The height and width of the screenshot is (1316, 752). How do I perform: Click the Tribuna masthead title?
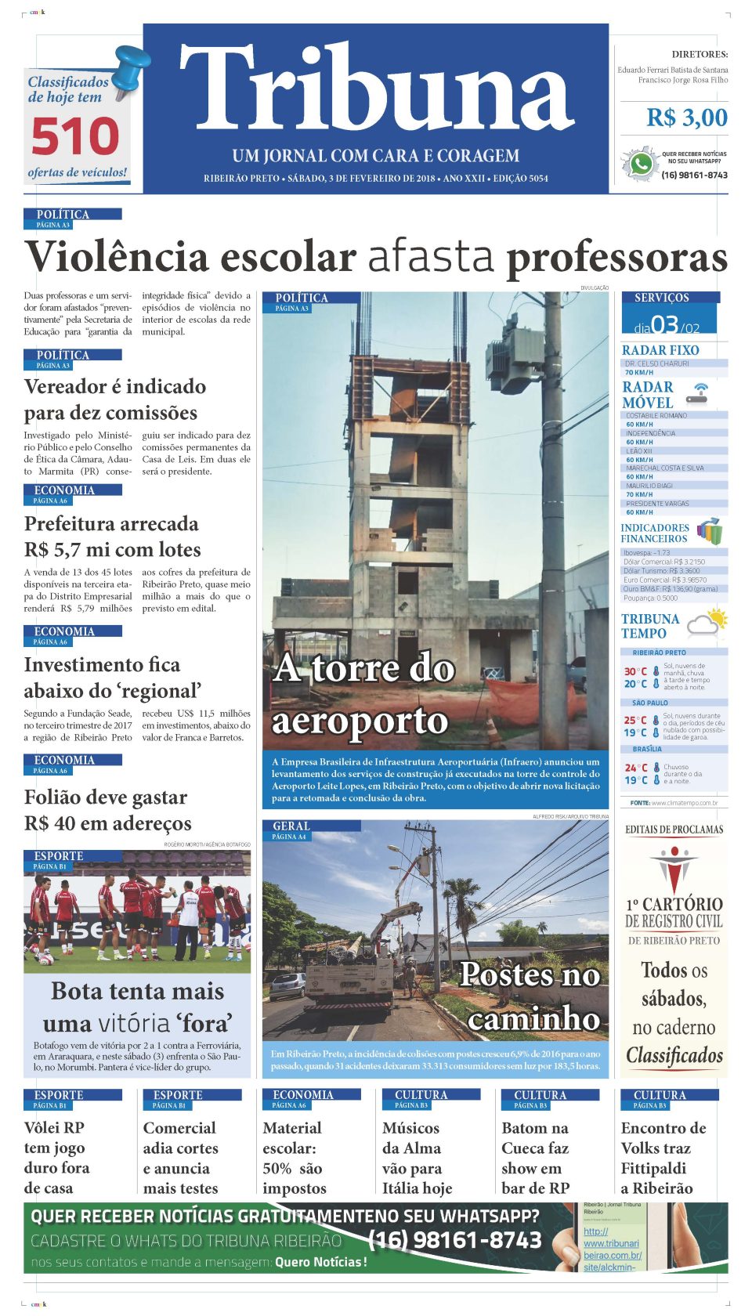[x=376, y=88]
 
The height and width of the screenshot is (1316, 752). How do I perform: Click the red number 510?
[x=75, y=137]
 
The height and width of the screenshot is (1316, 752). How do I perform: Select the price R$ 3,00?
[x=686, y=118]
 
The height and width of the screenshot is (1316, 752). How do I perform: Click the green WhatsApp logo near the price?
[x=641, y=164]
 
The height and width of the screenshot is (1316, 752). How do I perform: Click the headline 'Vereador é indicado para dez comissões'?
[x=115, y=399]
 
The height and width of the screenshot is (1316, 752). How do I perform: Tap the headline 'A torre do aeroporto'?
[x=363, y=694]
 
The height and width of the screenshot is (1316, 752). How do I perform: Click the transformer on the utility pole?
[x=512, y=362]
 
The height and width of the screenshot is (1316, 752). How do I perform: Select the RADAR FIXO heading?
[x=660, y=350]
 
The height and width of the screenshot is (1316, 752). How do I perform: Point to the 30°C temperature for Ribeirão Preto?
[x=635, y=671]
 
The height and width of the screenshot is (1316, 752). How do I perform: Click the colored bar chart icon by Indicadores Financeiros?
[x=710, y=531]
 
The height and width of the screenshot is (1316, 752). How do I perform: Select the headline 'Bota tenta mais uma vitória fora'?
[x=137, y=1007]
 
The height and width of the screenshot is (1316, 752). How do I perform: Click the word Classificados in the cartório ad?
[x=674, y=1056]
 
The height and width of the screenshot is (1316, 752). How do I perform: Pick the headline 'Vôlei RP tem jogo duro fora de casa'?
[x=57, y=1158]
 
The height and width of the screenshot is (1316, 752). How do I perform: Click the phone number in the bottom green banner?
[x=454, y=1240]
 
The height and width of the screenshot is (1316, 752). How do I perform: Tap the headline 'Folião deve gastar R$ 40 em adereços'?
[x=107, y=810]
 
